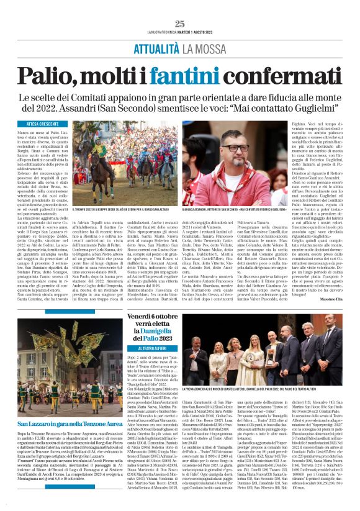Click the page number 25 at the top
click(179, 24)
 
